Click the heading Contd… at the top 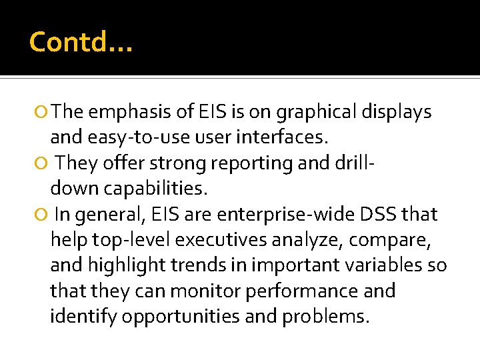[81, 43]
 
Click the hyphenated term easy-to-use [137, 138]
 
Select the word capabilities [156, 189]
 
